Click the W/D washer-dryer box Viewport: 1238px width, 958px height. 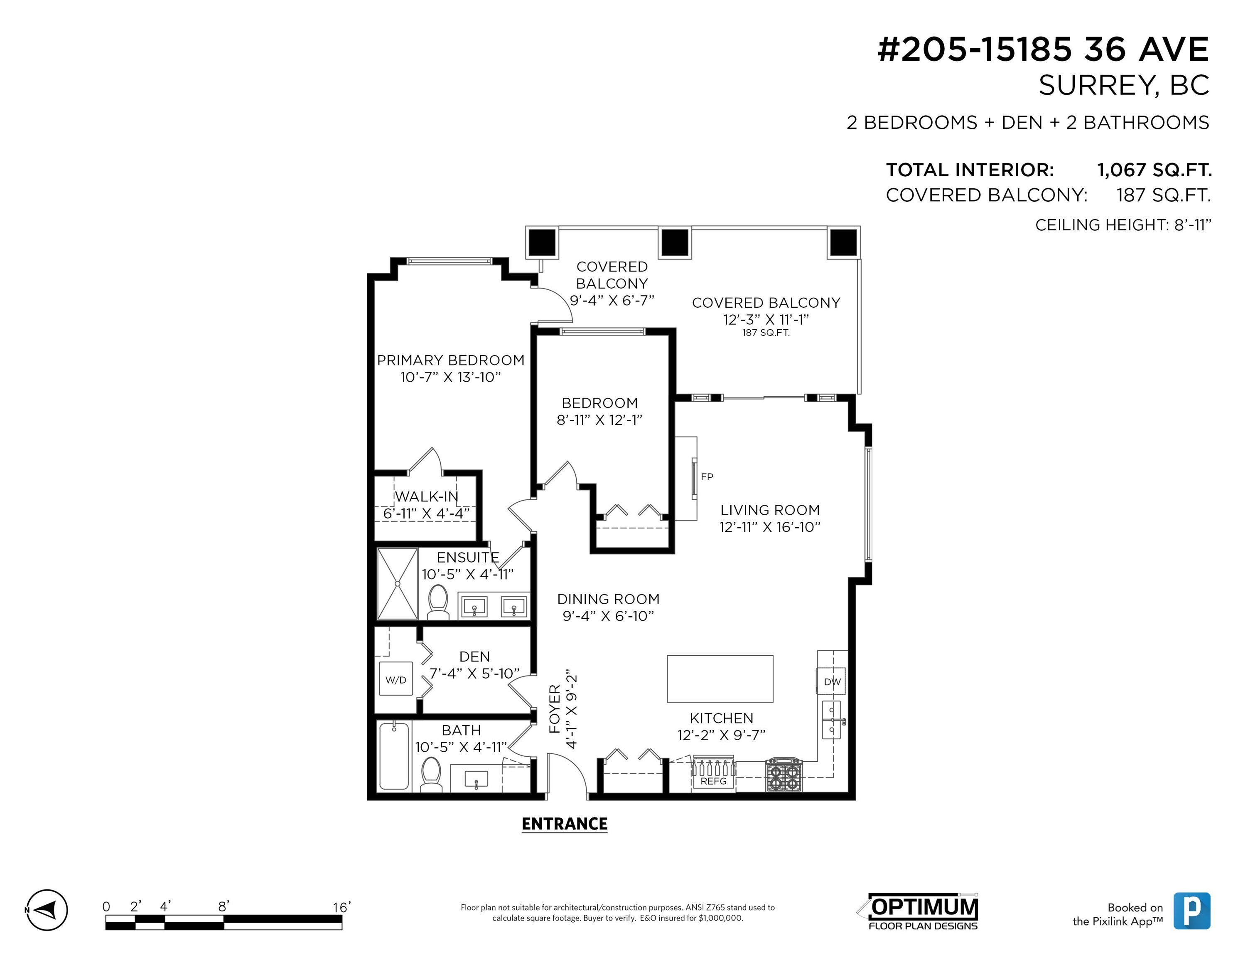click(395, 679)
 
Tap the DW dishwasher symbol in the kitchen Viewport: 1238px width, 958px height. click(832, 682)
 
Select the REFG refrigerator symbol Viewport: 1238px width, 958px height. click(713, 773)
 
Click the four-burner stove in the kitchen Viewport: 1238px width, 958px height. click(784, 775)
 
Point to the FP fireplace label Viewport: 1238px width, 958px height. click(706, 477)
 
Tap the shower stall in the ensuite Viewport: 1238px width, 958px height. click(397, 584)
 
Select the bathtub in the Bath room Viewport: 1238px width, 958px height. click(394, 756)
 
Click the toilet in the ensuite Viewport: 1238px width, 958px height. click(437, 602)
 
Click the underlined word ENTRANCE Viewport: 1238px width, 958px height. click(565, 824)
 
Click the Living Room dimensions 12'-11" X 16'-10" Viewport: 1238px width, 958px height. click(770, 527)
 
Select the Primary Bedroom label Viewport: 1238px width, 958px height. click(451, 360)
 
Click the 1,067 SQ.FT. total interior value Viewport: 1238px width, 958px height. click(1154, 170)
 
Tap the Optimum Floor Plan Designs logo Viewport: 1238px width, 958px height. click(918, 913)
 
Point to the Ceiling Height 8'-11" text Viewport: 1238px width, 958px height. click(1123, 225)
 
